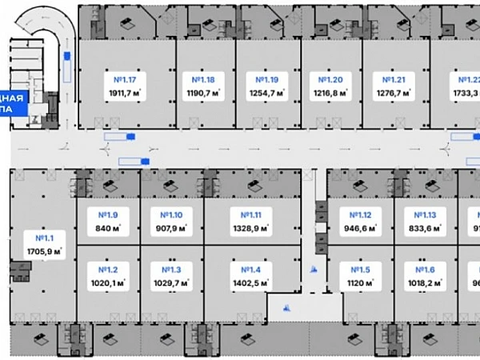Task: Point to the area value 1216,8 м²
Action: click(330, 93)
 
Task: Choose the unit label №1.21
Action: click(393, 80)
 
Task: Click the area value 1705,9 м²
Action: click(43, 251)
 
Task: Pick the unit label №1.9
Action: click(108, 214)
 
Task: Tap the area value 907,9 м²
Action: click(171, 228)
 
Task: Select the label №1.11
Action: click(246, 214)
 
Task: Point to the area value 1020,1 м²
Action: click(108, 282)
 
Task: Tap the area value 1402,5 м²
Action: click(246, 282)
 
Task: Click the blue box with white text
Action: click(14, 105)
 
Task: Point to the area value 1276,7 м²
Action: click(393, 93)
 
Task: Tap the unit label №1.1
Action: click(43, 238)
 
